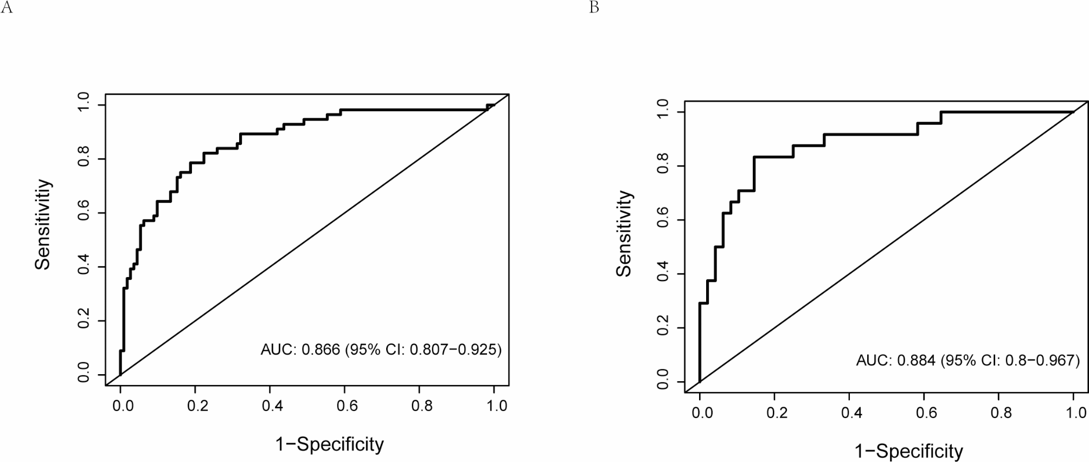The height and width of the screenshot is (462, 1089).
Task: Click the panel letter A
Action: pyautogui.click(x=7, y=9)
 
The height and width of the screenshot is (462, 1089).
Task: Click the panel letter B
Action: pyautogui.click(x=594, y=9)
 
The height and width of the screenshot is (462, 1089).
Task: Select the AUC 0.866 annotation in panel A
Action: pyautogui.click(x=381, y=350)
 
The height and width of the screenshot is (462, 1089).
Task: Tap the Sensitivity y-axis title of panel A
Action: pyautogui.click(x=43, y=224)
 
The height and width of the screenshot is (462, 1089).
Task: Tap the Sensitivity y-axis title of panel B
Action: pyautogui.click(x=624, y=234)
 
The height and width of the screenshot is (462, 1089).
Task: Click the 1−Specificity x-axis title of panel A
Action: pyautogui.click(x=330, y=445)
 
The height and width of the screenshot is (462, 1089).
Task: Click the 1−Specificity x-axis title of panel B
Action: pyautogui.click(x=909, y=451)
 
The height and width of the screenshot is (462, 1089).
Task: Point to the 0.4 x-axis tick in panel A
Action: pyautogui.click(x=272, y=406)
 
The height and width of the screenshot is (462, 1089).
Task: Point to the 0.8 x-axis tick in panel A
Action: pyautogui.click(x=422, y=406)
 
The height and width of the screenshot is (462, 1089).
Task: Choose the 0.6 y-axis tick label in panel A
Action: pyautogui.click(x=84, y=213)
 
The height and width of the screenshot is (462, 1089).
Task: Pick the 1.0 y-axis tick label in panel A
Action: pyautogui.click(x=84, y=105)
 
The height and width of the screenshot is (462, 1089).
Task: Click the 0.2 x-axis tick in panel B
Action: pyautogui.click(x=777, y=413)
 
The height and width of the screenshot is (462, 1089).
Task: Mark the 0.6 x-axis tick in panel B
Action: pyautogui.click(x=927, y=413)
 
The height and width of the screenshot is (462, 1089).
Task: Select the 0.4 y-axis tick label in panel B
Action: pyautogui.click(x=663, y=274)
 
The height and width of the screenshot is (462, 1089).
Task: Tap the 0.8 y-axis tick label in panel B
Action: pyautogui.click(x=663, y=166)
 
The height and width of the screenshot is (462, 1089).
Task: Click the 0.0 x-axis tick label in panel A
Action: pyautogui.click(x=123, y=406)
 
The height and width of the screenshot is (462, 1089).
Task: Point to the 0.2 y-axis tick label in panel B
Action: pyautogui.click(x=663, y=328)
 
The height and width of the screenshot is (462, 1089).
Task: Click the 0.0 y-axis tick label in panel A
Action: pyautogui.click(x=84, y=375)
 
